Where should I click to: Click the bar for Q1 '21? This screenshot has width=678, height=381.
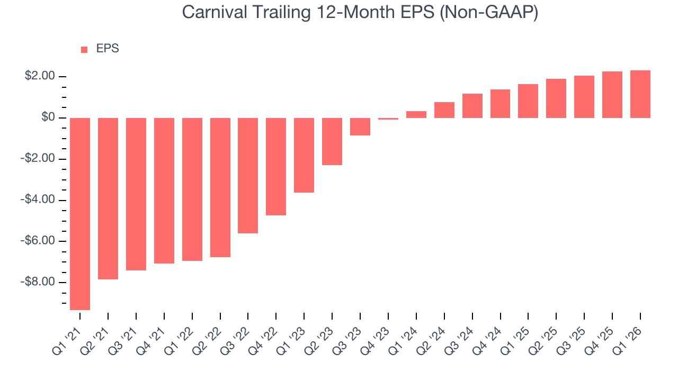[x=80, y=213]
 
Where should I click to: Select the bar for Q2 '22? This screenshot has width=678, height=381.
[x=220, y=187]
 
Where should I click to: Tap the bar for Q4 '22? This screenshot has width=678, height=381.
[x=276, y=166]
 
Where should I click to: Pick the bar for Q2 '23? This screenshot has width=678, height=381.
[x=332, y=141]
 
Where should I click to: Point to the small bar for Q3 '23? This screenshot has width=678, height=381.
[x=360, y=126]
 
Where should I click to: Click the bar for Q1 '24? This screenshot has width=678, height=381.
[x=416, y=114]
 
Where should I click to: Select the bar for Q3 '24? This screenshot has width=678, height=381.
[x=472, y=106]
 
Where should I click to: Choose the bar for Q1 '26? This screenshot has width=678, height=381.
[x=640, y=94]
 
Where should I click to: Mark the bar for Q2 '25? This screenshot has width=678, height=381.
[x=556, y=98]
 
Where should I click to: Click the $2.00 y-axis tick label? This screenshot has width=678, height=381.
[x=40, y=76]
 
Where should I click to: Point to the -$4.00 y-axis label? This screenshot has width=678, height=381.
[x=38, y=200]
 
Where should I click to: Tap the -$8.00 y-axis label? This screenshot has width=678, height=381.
[x=38, y=282]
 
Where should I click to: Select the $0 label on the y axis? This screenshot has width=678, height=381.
[x=48, y=117]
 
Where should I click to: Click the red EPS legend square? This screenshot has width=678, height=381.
[x=84, y=49]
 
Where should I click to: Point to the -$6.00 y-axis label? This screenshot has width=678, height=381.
[x=38, y=241]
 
